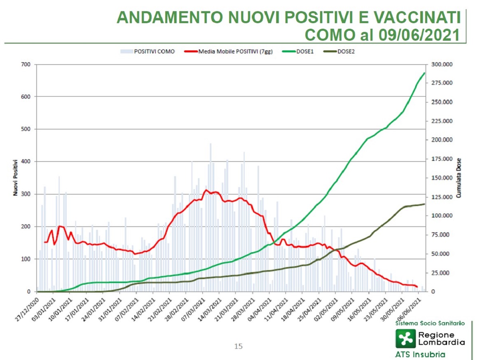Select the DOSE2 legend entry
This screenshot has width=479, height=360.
[x=345, y=51]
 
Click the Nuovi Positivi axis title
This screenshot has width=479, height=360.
[x=15, y=178]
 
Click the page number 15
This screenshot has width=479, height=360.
[x=238, y=346]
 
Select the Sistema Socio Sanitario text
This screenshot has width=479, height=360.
[x=430, y=322]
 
